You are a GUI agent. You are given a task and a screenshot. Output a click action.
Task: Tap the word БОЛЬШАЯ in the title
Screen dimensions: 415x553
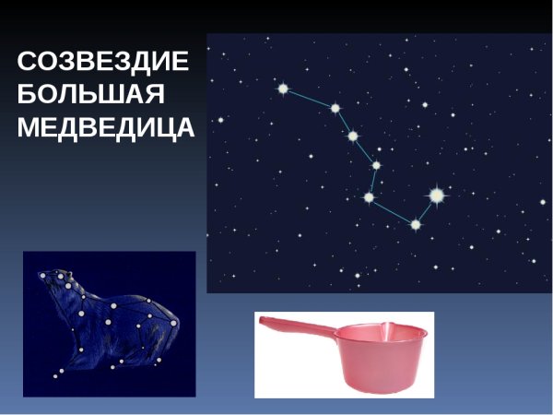[89, 94]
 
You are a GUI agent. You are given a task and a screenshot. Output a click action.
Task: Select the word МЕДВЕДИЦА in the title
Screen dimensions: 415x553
[106, 126]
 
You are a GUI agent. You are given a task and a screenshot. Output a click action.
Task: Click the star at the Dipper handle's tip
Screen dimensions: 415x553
[283, 89]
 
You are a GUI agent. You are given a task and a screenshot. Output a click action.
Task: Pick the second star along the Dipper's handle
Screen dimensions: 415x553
[335, 109]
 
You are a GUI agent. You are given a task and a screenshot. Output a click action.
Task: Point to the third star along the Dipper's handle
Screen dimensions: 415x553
[353, 136]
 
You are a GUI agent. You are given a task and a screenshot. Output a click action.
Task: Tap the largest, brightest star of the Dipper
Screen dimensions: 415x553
[436, 195]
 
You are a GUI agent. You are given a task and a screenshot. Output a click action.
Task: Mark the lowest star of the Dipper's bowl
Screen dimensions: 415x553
[415, 224]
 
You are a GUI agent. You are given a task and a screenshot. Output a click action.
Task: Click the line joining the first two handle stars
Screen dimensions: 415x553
[309, 99]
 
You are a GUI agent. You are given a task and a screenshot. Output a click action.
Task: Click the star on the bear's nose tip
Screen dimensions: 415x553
[41, 276]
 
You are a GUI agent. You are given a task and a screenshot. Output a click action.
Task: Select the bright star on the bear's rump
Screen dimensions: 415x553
[149, 301]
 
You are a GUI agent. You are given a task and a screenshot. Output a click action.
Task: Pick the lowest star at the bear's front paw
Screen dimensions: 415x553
[57, 373]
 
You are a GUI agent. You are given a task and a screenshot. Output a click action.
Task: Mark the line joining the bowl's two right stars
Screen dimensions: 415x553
[426, 209]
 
